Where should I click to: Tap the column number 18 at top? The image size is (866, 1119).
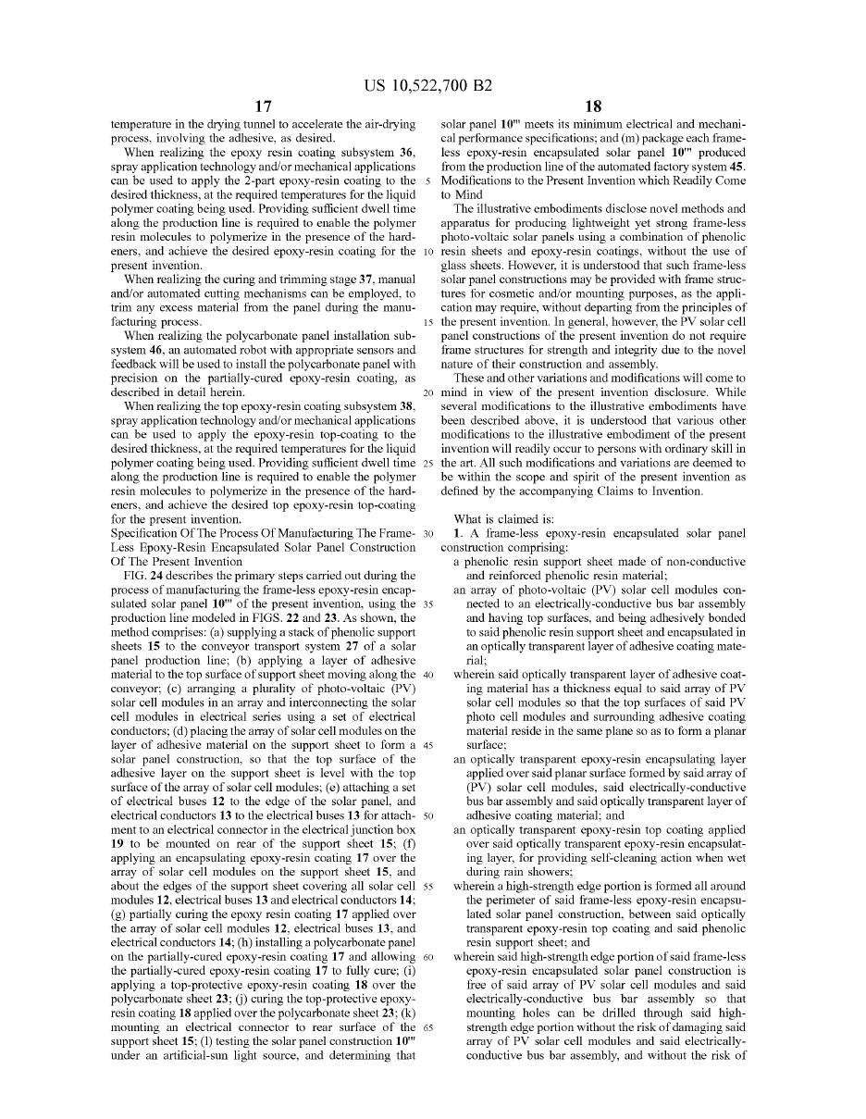pos(594,107)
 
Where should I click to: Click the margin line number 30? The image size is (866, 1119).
pos(428,533)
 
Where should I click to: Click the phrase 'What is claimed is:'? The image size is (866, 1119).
pos(503,519)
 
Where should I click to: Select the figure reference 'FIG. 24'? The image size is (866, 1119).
pos(144,576)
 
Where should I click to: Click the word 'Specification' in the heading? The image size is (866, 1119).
pos(144,533)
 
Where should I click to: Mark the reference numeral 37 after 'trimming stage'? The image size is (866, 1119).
pos(360,280)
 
